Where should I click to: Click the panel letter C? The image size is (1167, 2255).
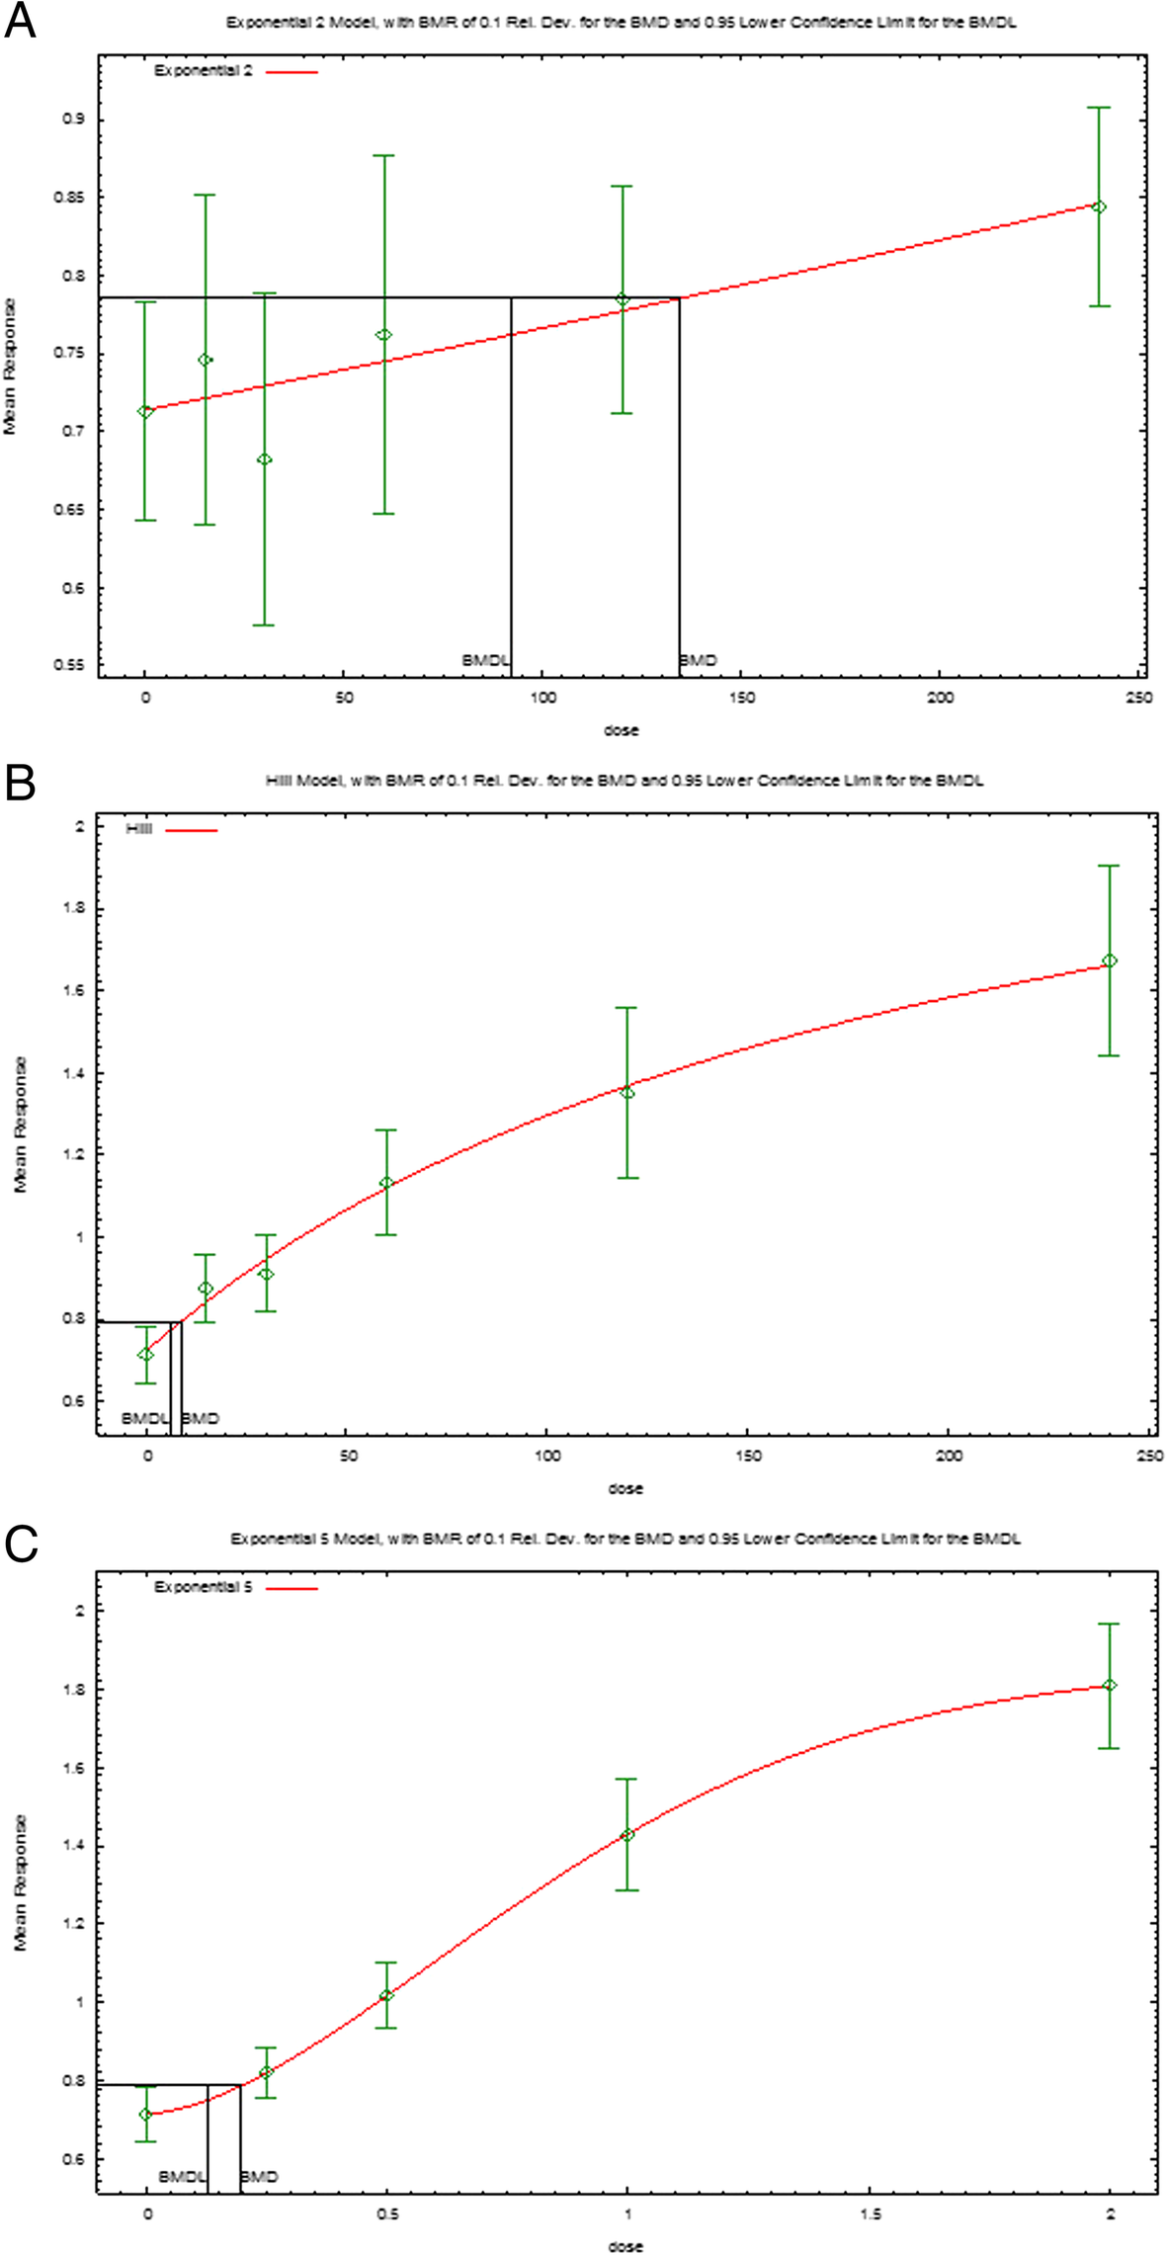[21, 1544]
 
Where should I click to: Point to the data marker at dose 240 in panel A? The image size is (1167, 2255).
[1098, 207]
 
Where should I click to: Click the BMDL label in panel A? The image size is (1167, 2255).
[484, 660]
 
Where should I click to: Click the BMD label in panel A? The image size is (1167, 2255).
[699, 660]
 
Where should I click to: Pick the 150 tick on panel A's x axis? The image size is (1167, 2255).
[741, 698]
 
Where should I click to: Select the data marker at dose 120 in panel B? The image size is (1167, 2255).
[626, 1092]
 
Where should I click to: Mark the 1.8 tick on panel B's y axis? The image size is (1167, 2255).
[79, 908]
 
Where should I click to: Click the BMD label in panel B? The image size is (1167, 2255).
[201, 1418]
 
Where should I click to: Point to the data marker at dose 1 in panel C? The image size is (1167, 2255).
[626, 1834]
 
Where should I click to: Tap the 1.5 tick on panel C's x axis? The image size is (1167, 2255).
[870, 2214]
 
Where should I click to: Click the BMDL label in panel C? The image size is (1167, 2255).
[182, 2176]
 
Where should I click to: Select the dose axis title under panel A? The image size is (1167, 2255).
[622, 730]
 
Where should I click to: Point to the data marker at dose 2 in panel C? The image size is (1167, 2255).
[1110, 1685]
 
